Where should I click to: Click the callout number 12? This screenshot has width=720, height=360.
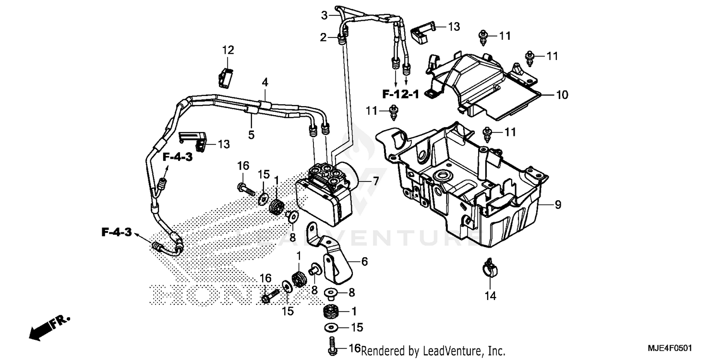tap(228, 49)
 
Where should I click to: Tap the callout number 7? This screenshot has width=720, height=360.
tap(376, 181)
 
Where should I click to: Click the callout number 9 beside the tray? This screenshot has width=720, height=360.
tap(557, 205)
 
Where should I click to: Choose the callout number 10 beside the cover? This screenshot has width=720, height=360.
tap(562, 95)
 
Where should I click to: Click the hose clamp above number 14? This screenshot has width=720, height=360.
tap(489, 267)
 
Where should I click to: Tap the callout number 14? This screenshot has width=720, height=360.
tap(490, 297)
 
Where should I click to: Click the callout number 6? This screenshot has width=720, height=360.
tap(364, 262)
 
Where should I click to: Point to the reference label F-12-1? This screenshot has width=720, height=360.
tap(400, 94)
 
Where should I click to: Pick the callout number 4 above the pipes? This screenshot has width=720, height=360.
tap(264, 83)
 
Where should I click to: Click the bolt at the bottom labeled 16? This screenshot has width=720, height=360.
tap(331, 347)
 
